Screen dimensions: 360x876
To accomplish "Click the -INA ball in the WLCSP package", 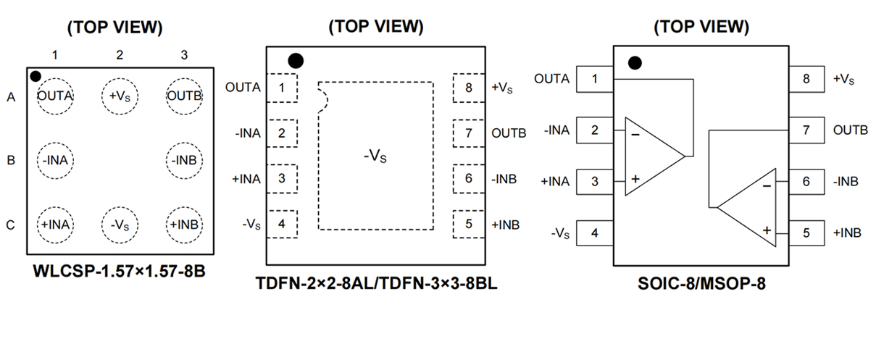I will [x=54, y=160].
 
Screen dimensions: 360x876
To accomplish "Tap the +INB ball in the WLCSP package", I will [x=183, y=224].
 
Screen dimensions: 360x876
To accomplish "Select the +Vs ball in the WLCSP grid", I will [x=120, y=96].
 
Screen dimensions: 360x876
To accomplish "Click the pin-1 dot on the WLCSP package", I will [x=36, y=76].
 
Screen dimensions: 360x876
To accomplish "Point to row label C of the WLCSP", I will [x=10, y=225].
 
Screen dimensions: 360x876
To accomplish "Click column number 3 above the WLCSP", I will [x=184, y=55].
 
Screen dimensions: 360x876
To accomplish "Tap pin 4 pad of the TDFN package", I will [x=282, y=224].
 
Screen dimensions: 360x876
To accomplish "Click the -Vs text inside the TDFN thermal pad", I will [x=375, y=156].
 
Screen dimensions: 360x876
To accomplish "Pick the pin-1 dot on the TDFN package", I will [x=295, y=60].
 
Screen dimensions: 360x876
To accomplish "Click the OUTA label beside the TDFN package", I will [x=243, y=88].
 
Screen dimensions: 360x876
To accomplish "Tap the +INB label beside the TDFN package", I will [x=505, y=225].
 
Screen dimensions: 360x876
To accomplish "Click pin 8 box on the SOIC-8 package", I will [x=806, y=79].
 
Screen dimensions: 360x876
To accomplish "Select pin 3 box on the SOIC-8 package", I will [x=595, y=182].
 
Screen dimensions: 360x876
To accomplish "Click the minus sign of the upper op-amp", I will [x=635, y=135].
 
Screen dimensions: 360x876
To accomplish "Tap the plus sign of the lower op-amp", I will [x=766, y=230].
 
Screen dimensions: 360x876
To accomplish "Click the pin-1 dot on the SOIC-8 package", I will [x=635, y=63].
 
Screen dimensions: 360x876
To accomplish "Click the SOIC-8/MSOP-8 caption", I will [x=701, y=283].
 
